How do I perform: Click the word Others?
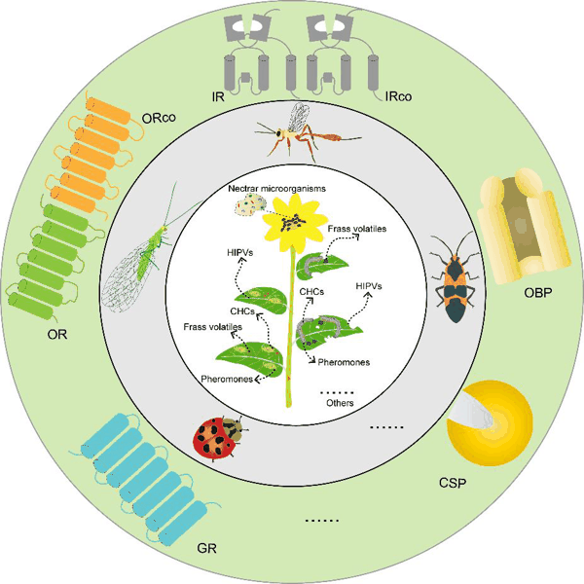coord(340,402)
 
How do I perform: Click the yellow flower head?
coord(289,219)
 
